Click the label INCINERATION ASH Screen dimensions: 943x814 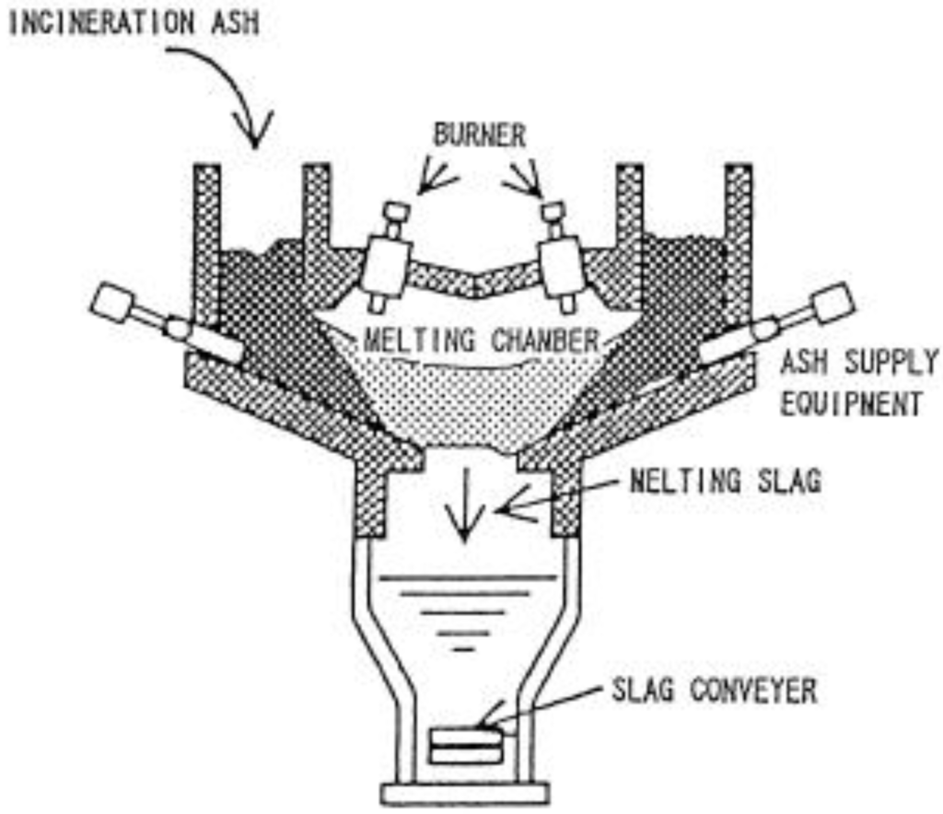pyautogui.click(x=134, y=22)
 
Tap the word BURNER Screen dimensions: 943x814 pyautogui.click(x=480, y=136)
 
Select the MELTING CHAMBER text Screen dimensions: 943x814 pyautogui.click(x=481, y=342)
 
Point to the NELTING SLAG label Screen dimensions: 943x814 pyautogui.click(x=726, y=482)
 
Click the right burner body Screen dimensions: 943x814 pyautogui.click(x=561, y=262)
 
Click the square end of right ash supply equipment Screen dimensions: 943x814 pyautogui.click(x=832, y=303)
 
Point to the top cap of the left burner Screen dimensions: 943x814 pyautogui.click(x=396, y=213)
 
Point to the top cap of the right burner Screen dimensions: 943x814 pyautogui.click(x=553, y=213)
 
